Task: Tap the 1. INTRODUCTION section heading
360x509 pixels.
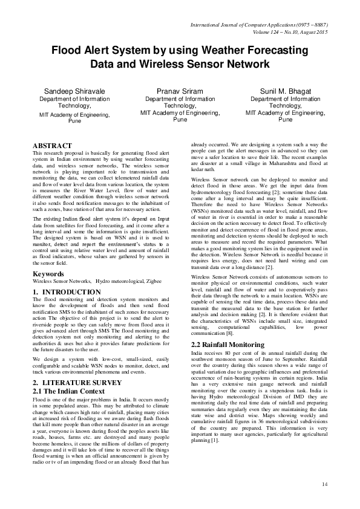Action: point(67,292)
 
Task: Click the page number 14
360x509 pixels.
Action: point(324,484)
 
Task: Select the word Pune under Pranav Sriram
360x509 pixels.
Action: point(180,119)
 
